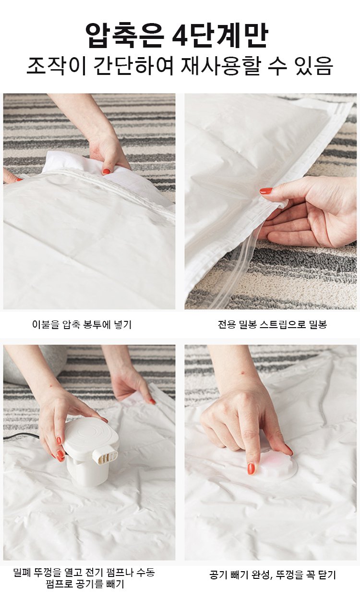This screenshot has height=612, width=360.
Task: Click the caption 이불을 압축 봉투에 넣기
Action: [82, 324]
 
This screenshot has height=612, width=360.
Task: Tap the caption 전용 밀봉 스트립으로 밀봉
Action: [272, 324]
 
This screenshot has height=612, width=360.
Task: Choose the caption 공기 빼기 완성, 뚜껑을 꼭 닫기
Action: [272, 575]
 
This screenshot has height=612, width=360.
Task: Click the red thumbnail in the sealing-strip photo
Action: [265, 191]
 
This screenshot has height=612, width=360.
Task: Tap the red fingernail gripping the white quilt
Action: [106, 172]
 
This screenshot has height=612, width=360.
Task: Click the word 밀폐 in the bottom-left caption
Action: [22, 572]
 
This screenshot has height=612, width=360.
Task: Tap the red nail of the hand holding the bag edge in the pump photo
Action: [152, 401]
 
